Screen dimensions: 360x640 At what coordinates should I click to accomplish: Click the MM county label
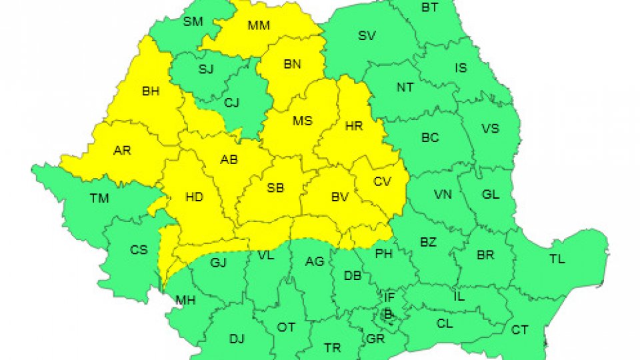click(259, 26)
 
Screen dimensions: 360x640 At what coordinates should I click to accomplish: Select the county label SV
click(367, 36)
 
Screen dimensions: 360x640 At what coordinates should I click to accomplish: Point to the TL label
click(556, 260)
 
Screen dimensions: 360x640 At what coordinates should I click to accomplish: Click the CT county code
click(519, 329)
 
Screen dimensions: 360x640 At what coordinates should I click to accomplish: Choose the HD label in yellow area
click(194, 197)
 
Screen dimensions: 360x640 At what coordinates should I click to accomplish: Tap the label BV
click(341, 197)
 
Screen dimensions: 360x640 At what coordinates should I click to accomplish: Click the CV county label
click(383, 181)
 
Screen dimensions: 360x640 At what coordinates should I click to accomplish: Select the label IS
click(461, 68)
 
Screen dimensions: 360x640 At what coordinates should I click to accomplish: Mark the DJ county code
click(237, 339)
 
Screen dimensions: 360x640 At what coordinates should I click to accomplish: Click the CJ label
click(231, 103)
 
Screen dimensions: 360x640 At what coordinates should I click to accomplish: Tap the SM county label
click(193, 21)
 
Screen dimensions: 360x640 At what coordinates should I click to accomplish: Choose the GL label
click(491, 194)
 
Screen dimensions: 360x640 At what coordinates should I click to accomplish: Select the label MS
click(303, 121)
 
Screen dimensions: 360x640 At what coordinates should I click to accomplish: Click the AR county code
click(122, 151)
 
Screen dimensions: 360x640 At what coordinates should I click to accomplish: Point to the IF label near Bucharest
click(389, 297)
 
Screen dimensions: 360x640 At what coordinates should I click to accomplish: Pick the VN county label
click(443, 194)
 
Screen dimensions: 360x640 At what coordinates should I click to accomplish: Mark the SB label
click(275, 188)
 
